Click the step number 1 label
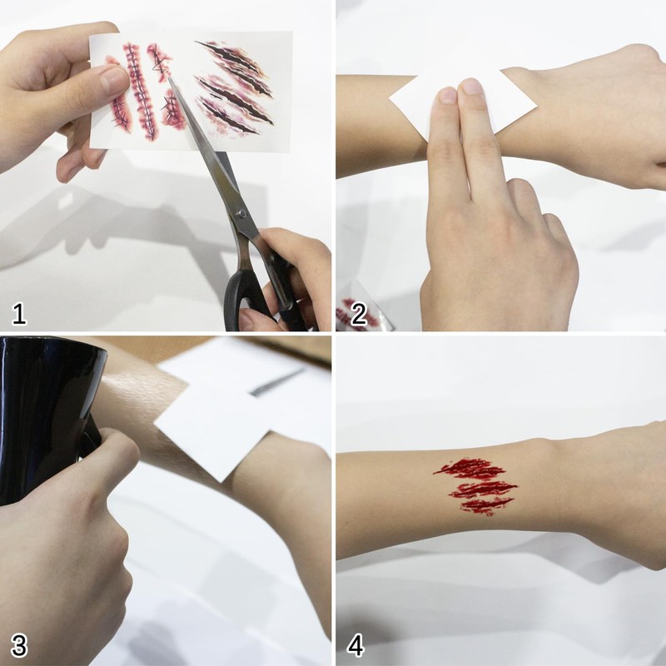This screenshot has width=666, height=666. (x=18, y=314)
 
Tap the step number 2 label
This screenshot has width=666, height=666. (x=359, y=315)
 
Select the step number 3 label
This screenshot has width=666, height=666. (x=19, y=645)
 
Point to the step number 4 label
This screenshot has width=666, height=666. (x=355, y=645)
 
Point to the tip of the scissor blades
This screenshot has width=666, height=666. (x=169, y=77)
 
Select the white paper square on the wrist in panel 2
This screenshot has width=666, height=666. (x=463, y=105)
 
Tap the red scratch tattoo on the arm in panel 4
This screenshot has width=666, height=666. (x=475, y=486)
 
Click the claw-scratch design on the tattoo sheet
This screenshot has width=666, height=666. (x=235, y=88)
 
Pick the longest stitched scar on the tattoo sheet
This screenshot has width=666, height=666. (x=139, y=92)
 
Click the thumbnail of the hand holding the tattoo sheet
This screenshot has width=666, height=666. (x=114, y=80)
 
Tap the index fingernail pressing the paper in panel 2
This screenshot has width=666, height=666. (x=447, y=95)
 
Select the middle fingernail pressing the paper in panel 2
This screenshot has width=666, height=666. (x=471, y=87)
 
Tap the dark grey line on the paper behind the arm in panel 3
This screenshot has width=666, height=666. (x=277, y=382)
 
